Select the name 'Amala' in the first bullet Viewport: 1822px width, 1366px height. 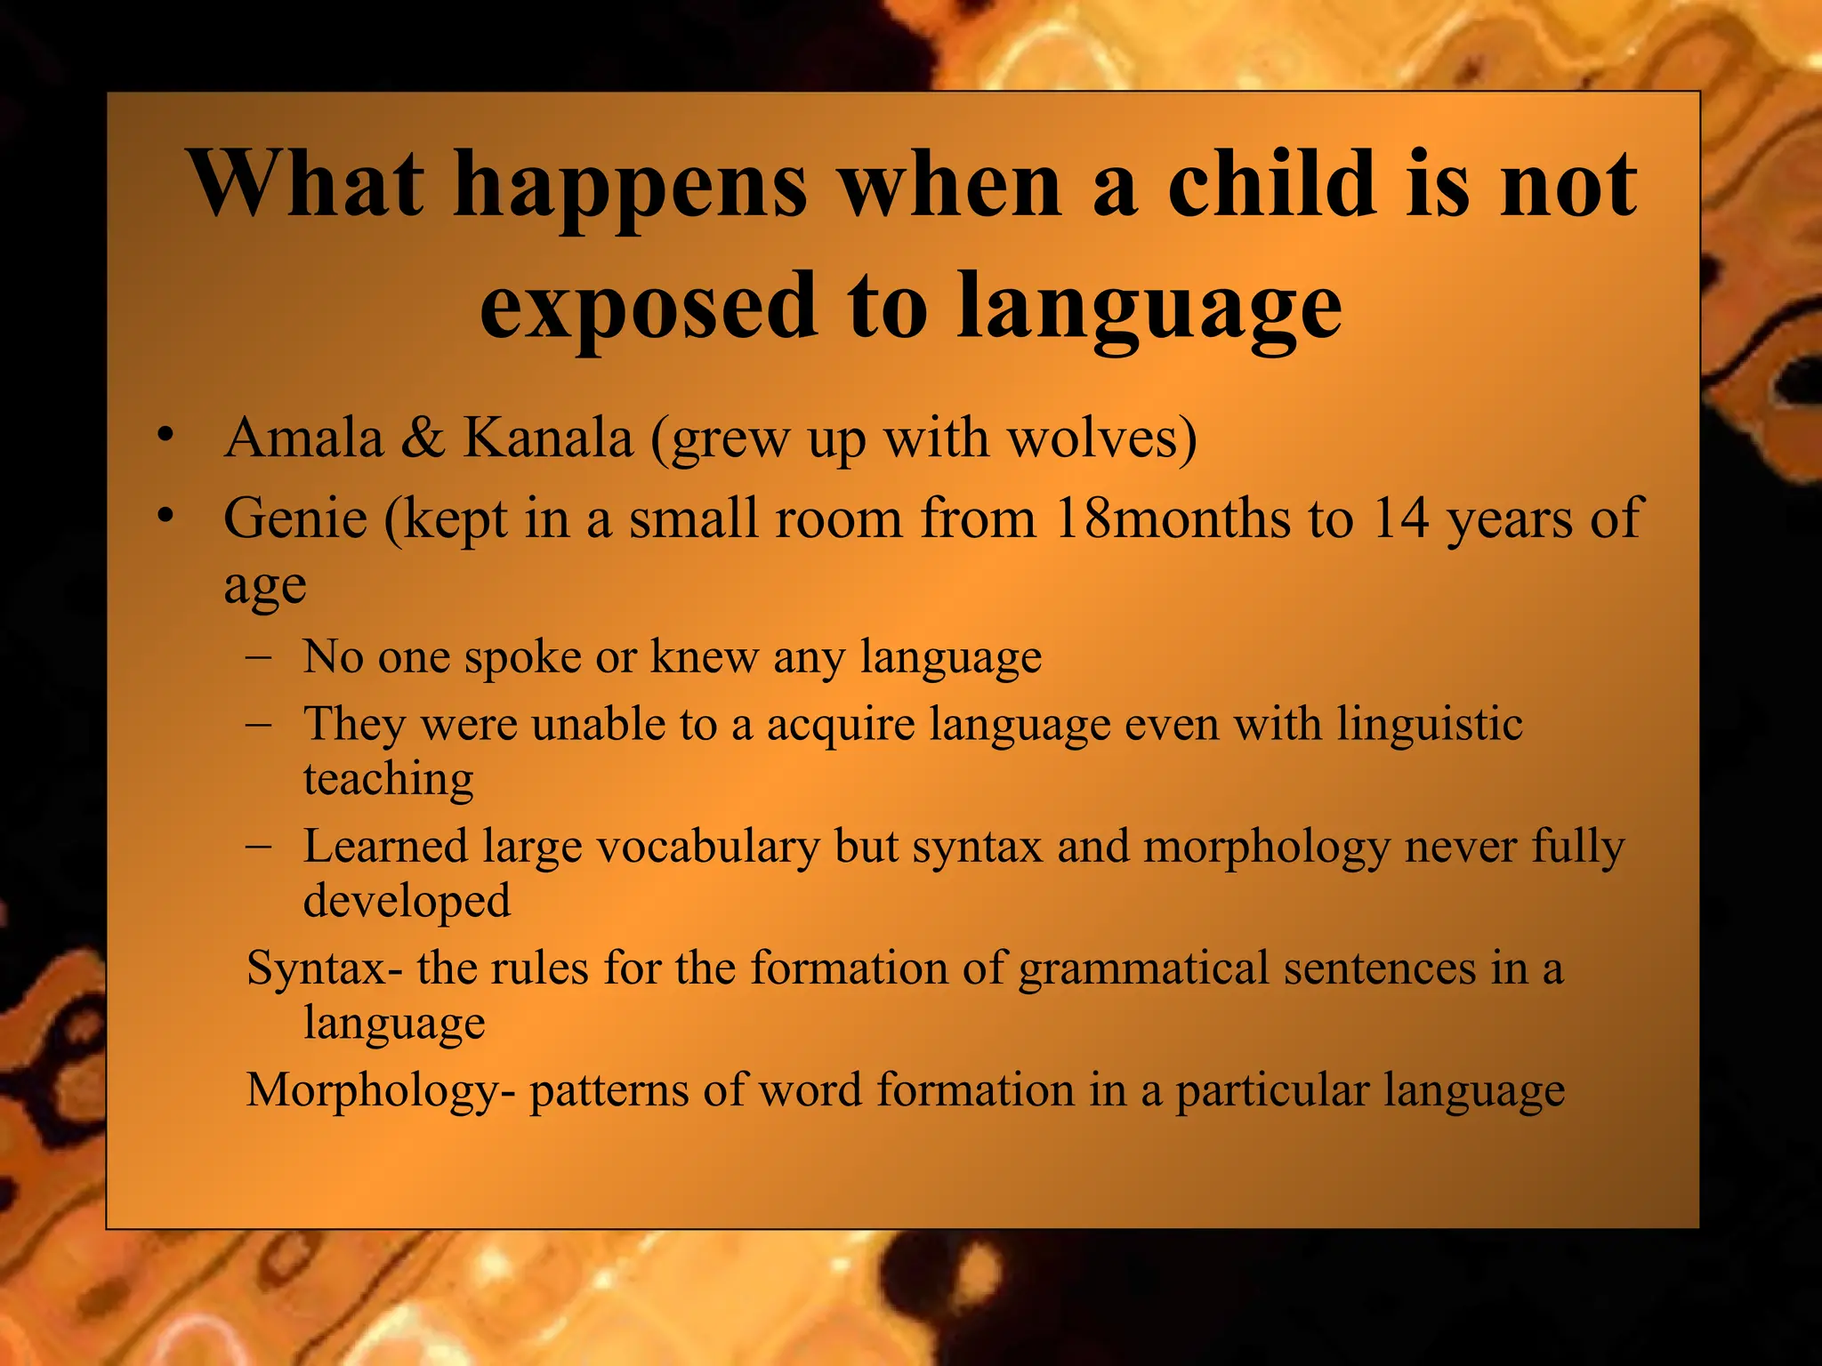coord(303,438)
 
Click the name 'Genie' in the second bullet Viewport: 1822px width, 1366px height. coord(295,518)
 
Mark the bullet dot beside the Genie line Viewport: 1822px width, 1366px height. coord(164,516)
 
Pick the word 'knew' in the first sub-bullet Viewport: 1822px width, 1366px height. coord(704,657)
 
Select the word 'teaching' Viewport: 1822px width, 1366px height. coord(388,779)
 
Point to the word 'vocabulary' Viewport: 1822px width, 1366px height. coord(707,847)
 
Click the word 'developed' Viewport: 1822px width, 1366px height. coord(407,901)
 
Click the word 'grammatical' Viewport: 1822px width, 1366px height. coord(1143,968)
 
